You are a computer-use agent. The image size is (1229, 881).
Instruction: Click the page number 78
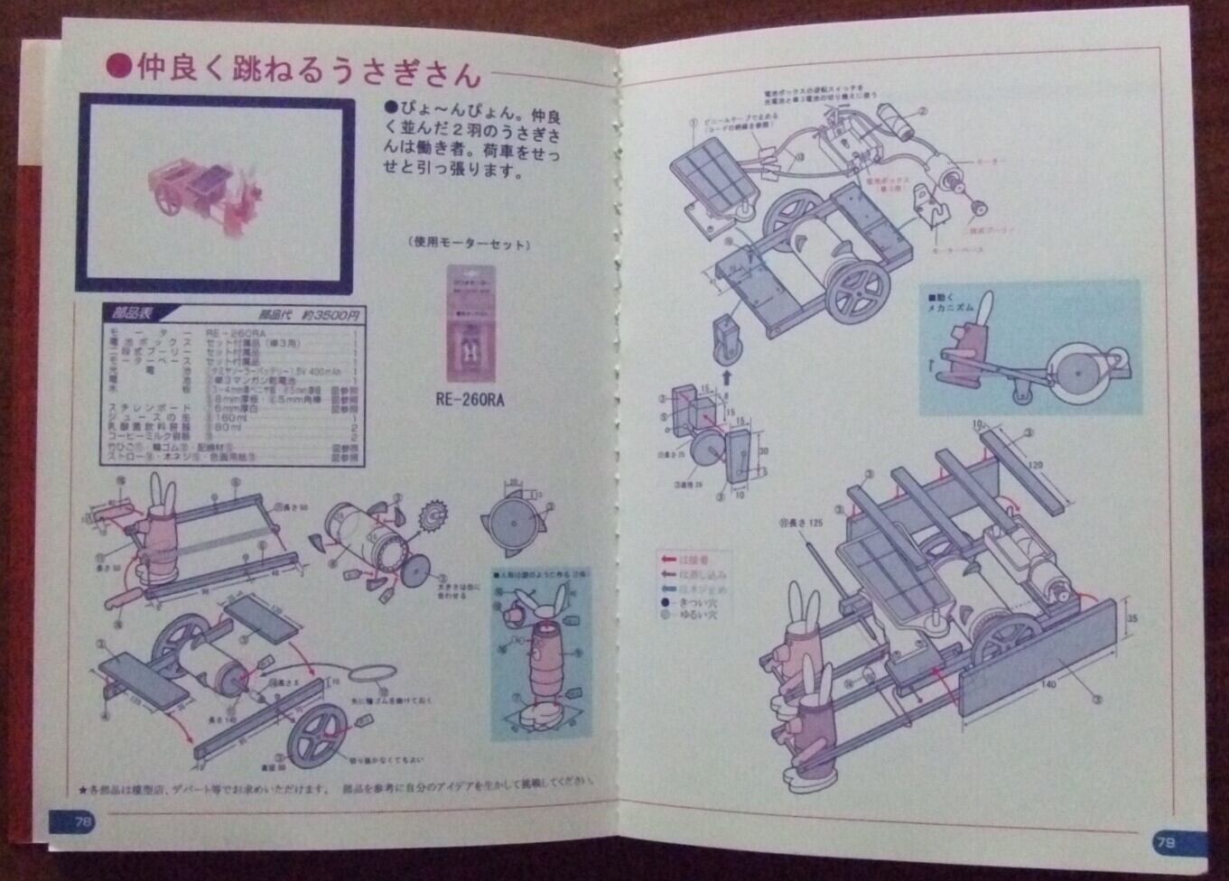tap(82, 822)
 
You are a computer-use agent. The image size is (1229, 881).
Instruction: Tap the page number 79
tap(1166, 843)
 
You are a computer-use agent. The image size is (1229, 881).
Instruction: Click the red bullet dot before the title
tap(119, 67)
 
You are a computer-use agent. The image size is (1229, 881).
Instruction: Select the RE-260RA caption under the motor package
tap(469, 399)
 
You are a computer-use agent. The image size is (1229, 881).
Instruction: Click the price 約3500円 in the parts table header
tap(331, 315)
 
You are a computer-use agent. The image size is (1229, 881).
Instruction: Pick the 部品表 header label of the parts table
tap(133, 314)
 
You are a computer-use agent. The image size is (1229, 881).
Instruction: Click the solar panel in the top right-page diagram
tap(713, 179)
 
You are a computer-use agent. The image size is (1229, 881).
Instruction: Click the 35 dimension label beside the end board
tap(1131, 618)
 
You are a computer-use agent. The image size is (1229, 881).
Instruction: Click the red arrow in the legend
tap(669, 561)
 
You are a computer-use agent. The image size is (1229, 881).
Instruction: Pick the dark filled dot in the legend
tap(665, 603)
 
